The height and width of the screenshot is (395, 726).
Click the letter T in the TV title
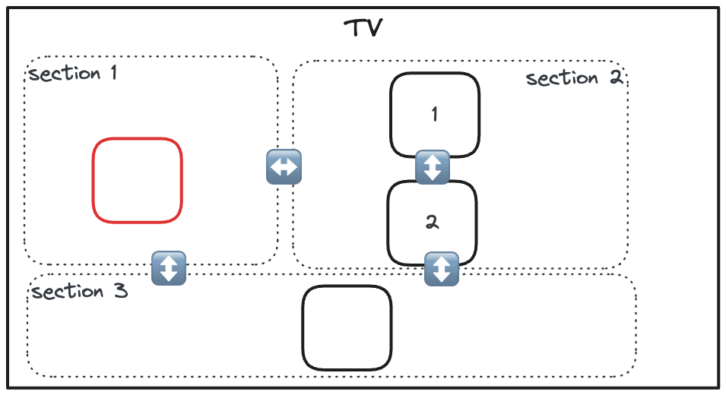354,29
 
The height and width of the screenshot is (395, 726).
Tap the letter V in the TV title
374,29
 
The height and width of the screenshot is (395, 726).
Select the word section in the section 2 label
562,78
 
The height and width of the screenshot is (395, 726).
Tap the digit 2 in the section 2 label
615,77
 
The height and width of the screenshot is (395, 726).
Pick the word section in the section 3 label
68,292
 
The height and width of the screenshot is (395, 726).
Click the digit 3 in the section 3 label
119,291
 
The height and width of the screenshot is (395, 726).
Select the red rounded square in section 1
138,181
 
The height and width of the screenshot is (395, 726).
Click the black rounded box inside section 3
347,328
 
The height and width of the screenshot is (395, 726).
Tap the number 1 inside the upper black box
434,115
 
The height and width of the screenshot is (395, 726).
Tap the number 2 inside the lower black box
432,223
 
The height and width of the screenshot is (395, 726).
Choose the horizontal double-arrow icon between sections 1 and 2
284,167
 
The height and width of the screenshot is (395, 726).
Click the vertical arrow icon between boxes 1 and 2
433,167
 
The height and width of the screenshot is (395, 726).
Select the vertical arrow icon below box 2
442,269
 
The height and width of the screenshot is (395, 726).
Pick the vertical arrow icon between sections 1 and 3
169,268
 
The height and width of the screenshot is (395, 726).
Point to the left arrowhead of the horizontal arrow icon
274,167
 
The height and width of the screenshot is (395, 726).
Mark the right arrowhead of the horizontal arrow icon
293,167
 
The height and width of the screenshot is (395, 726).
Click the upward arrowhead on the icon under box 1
433,159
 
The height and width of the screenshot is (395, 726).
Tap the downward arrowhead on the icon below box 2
442,278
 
